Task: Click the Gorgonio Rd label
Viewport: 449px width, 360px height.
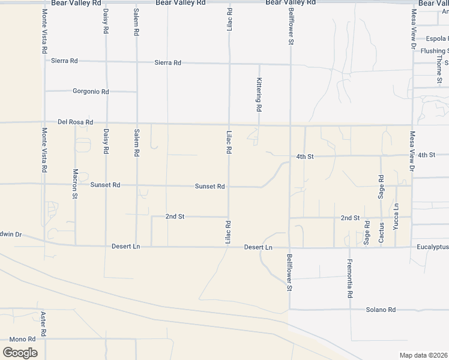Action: coord(91,92)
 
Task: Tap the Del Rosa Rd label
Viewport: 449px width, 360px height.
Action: coord(76,122)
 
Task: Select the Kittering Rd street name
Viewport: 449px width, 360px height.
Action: coord(259,95)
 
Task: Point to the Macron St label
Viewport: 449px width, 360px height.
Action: coord(75,183)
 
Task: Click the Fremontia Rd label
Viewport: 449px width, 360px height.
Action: coord(349,279)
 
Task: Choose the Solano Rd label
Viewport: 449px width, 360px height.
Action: coord(381,310)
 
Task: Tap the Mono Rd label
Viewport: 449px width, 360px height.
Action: coord(22,339)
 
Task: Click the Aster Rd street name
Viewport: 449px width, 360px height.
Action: coord(43,324)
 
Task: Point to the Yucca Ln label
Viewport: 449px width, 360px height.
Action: coord(396,217)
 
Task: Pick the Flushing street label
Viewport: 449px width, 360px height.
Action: coord(435,51)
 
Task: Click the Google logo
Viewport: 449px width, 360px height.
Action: coord(20,352)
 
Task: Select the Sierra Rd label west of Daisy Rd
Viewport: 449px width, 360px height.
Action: coord(65,61)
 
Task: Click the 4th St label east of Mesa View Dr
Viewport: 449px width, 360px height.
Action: coord(426,155)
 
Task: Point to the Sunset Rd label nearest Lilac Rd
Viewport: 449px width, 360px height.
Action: coord(209,187)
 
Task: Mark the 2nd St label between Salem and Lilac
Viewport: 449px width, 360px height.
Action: coord(175,216)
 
